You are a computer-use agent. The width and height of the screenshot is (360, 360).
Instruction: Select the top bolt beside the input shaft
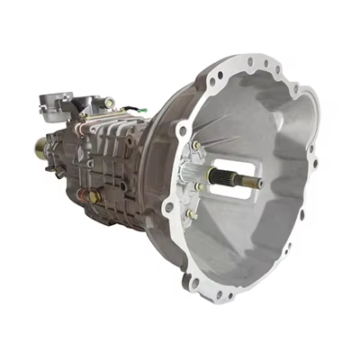tap(195, 146)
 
